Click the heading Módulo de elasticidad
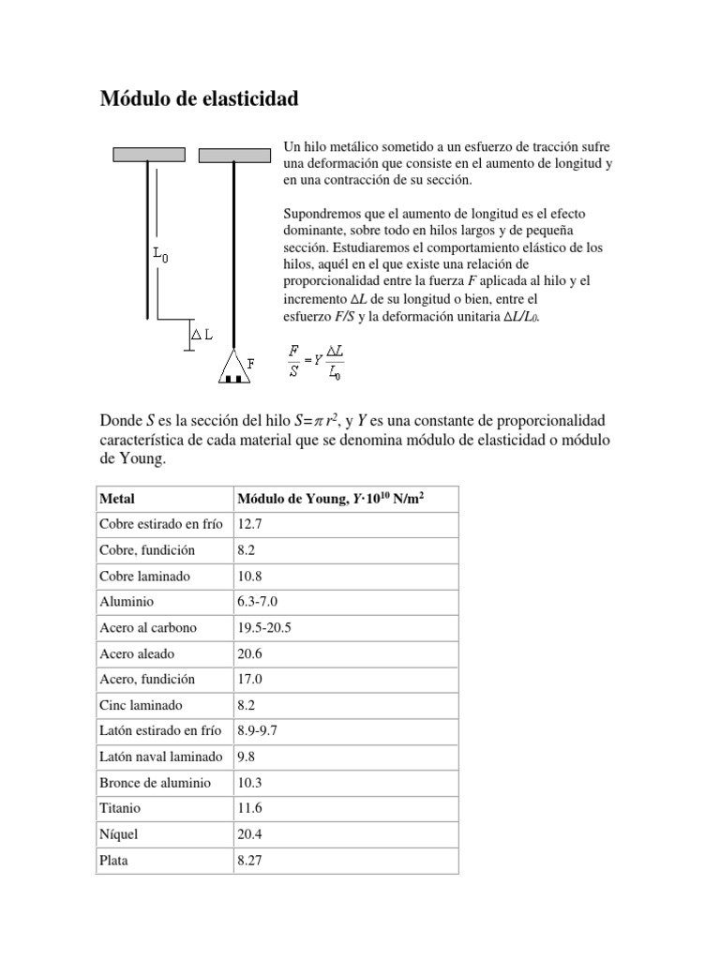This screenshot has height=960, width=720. pos(199,98)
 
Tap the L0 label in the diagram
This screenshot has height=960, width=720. pos(160,253)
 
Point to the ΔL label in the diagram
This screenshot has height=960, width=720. pos(201,334)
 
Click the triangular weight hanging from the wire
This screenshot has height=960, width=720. pos(233,367)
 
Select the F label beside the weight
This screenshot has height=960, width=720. pos(250,362)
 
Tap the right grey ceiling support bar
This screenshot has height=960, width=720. pos(233,156)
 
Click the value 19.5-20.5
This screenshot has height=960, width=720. pos(264,628)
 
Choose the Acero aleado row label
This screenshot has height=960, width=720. pos(137,653)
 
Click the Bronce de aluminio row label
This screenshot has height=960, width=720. pos(155,782)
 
